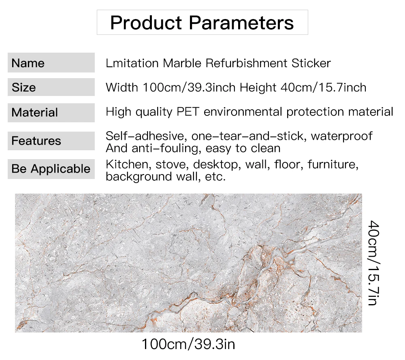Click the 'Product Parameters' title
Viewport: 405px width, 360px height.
[x=202, y=23]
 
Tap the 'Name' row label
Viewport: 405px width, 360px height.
[x=28, y=63]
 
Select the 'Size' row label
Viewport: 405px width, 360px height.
[x=23, y=87]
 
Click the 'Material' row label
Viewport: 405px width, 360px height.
[x=34, y=113]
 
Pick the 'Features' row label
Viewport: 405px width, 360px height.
[x=36, y=141]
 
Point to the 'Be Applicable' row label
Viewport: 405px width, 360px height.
[x=51, y=168]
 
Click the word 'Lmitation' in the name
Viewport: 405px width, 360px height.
[x=132, y=63]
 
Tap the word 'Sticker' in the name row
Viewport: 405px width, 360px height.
[x=311, y=63]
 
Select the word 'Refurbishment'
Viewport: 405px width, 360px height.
[x=246, y=63]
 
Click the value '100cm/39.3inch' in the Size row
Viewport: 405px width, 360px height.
[x=189, y=87]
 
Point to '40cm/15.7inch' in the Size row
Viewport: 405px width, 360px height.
[x=323, y=87]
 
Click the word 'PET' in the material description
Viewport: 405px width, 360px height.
[x=188, y=112]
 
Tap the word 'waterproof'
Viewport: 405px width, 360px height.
[x=341, y=136]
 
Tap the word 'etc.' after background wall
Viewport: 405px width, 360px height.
[x=215, y=177]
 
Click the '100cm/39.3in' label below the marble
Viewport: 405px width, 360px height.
[x=188, y=344]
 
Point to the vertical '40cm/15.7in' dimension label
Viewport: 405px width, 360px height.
[x=373, y=263]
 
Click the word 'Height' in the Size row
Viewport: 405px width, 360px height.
[x=258, y=88]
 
